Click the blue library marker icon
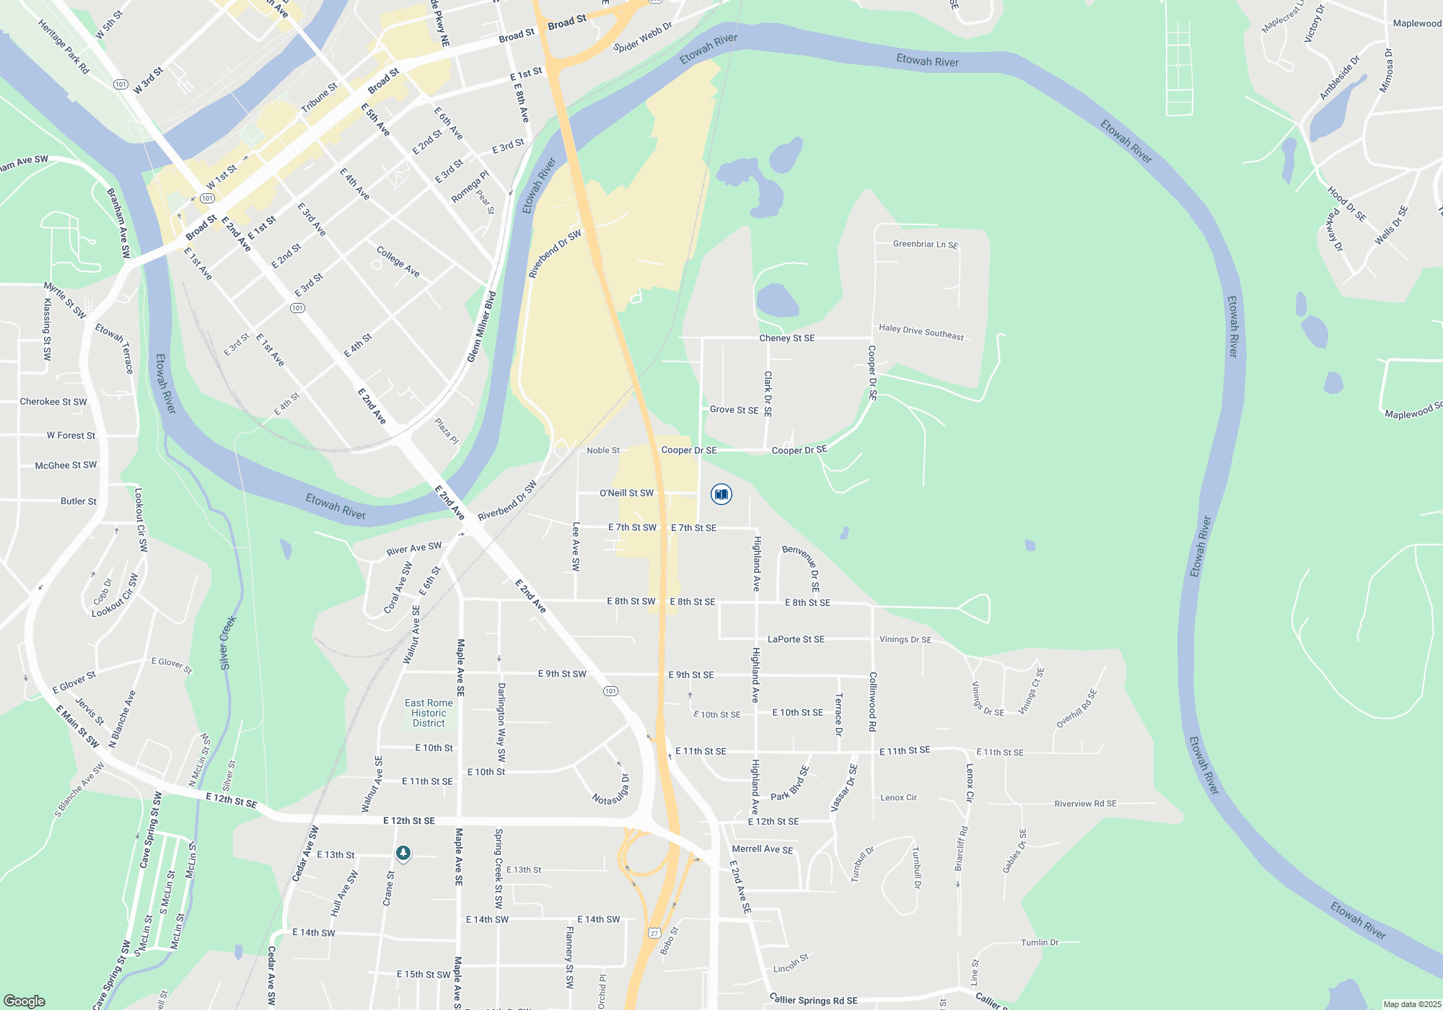(x=721, y=494)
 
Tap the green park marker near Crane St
(x=403, y=853)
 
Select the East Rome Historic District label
(x=429, y=713)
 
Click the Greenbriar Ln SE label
(x=926, y=245)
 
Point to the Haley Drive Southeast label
(x=921, y=332)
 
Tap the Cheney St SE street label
(x=786, y=338)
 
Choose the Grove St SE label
(x=734, y=410)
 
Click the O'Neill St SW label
(x=626, y=493)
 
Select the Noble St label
(x=603, y=450)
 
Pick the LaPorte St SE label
(x=796, y=639)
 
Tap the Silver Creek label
(x=227, y=642)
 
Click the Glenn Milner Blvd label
(x=482, y=327)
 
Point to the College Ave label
(x=398, y=261)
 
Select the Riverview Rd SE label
(x=1085, y=804)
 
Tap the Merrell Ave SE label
(x=763, y=849)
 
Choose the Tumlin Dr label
(x=1040, y=942)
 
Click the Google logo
(x=25, y=1001)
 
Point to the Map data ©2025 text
(x=1412, y=1004)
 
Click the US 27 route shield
(x=654, y=933)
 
